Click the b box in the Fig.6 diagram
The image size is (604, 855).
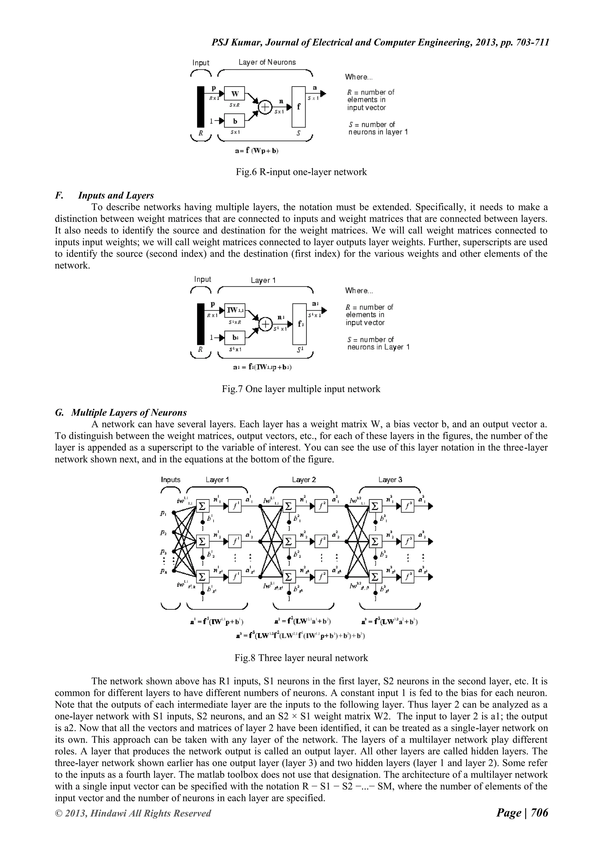click(x=235, y=121)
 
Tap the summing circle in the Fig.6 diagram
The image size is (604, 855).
click(x=265, y=107)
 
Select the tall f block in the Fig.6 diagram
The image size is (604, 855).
click(x=298, y=107)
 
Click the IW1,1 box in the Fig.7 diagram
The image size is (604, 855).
click(x=235, y=310)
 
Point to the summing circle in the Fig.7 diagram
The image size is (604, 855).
click(x=265, y=324)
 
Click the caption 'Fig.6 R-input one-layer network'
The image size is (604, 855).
click(x=301, y=172)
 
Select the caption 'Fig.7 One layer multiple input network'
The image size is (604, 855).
click(x=301, y=389)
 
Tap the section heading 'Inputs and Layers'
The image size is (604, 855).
click(x=116, y=195)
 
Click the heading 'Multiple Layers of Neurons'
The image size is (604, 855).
click(x=129, y=413)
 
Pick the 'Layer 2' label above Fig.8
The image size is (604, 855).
click(x=304, y=480)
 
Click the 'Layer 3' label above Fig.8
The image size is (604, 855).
click(x=390, y=480)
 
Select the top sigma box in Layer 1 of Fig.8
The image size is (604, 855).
click(x=202, y=506)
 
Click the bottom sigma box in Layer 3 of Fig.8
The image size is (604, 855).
click(x=375, y=577)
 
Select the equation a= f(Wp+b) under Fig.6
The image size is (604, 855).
click(x=257, y=151)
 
